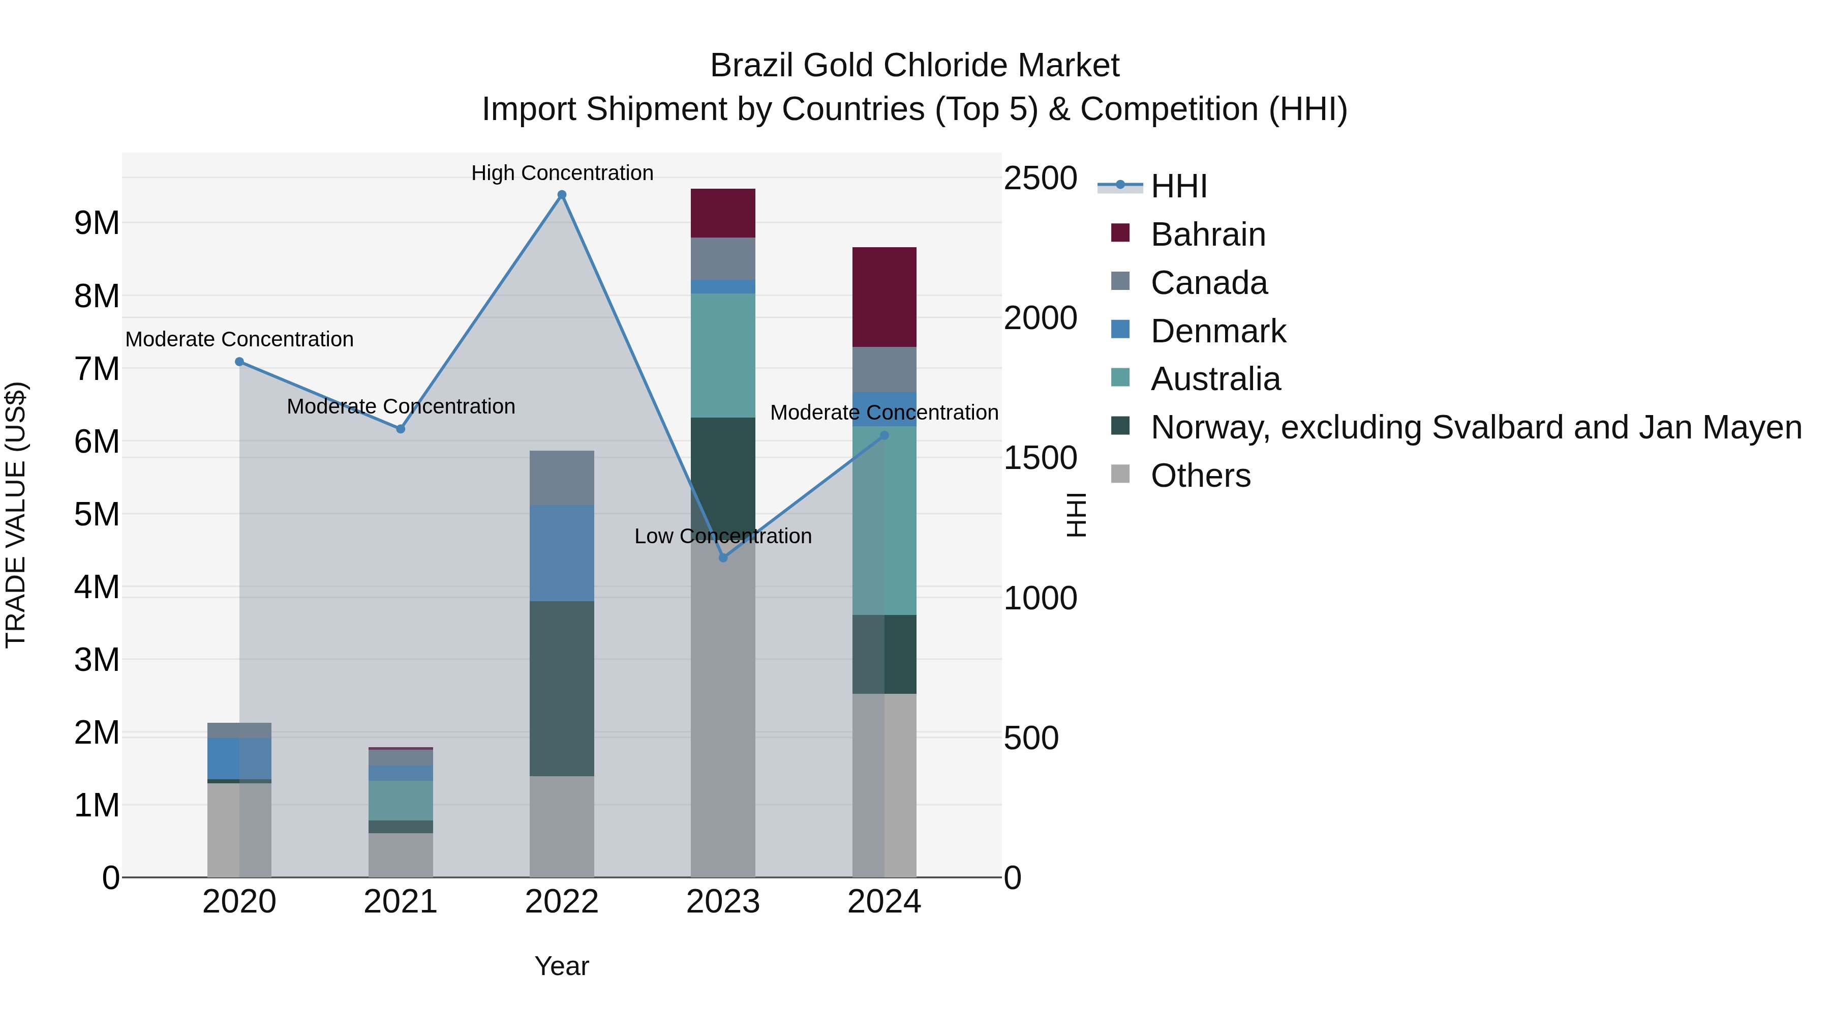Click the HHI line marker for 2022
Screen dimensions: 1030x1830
click(561, 195)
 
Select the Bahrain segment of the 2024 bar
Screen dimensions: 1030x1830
click(884, 297)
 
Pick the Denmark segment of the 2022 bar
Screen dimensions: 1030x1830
click(561, 553)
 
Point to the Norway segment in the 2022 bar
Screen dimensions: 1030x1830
click(561, 688)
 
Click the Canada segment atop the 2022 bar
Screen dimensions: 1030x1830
click(561, 478)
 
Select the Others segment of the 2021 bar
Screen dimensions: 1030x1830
click(400, 855)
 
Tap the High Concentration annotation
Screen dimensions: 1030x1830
click(561, 173)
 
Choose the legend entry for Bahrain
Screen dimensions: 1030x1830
click(1208, 234)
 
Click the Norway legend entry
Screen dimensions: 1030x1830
click(1476, 427)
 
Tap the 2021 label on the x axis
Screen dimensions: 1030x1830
click(400, 902)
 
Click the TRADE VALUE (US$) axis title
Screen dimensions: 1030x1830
click(16, 515)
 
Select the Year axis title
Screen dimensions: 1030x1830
click(561, 966)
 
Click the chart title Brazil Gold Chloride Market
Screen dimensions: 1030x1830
click(914, 66)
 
